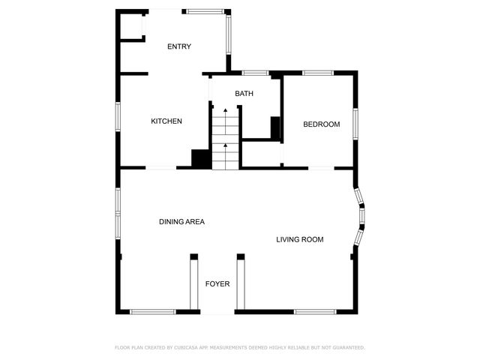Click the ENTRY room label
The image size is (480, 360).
point(178,46)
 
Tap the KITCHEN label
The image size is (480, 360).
point(166,121)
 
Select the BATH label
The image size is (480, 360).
point(244,94)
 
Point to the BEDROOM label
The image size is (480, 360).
point(321,124)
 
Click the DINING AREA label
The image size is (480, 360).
point(181,222)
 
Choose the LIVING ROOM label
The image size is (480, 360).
point(299,240)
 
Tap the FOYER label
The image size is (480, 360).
point(217,283)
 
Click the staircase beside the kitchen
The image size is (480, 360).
point(225,139)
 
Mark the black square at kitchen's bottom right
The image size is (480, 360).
point(201,159)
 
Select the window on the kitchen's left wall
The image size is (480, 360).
point(118,120)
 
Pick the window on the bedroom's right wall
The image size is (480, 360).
point(356,124)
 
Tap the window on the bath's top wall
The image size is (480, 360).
point(255,73)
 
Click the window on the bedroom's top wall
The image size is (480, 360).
point(318,73)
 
